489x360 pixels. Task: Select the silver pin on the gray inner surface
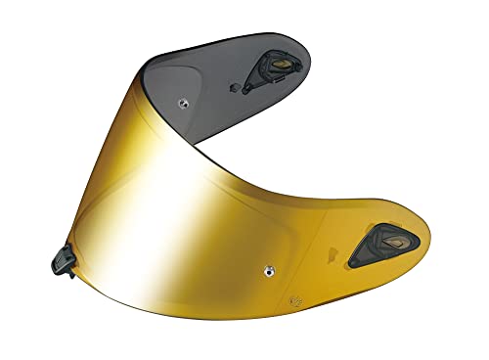(183, 99)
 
